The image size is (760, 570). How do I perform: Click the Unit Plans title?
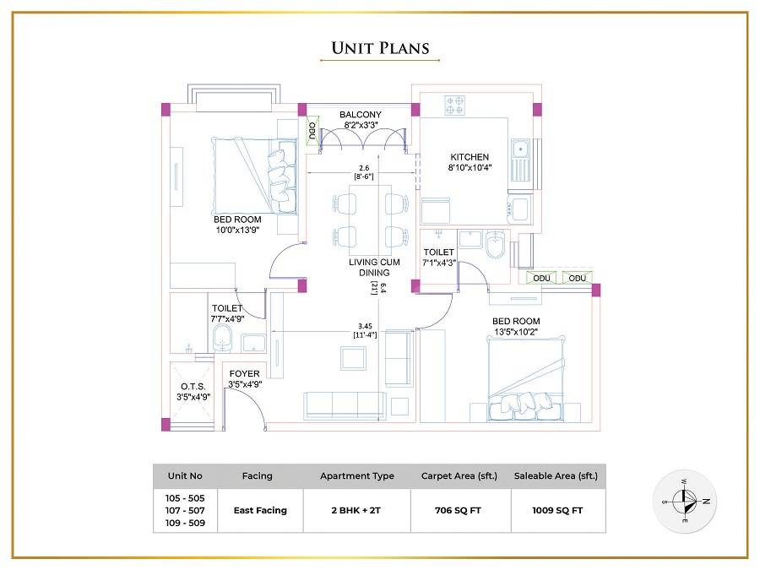pos(379,48)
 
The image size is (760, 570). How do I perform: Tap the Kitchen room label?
pos(469,157)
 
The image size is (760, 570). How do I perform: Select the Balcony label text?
pos(360,115)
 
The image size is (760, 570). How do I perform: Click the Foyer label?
pos(244,373)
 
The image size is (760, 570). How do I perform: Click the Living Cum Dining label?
pos(369,267)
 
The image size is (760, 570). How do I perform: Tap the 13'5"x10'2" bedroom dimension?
pos(516,332)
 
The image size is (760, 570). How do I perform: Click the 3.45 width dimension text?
pos(366,325)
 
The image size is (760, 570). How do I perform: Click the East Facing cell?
pos(260,510)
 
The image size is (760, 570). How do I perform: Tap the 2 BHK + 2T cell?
pos(356,510)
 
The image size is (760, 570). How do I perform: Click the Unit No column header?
pos(185,476)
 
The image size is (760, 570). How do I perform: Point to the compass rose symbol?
pos(684,501)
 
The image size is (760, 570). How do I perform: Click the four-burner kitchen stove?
pos(455,105)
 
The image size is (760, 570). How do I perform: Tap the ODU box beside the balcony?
pos(312,131)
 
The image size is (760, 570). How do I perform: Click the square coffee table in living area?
pos(353,358)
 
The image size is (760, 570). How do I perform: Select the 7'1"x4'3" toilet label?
pos(438,263)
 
